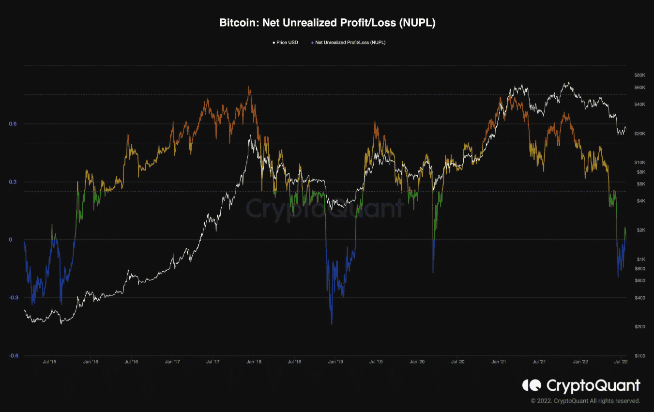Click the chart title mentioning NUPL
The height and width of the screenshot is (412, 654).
(327, 23)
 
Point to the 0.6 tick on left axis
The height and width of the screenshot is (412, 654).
(13, 124)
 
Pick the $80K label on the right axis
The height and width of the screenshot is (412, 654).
(639, 75)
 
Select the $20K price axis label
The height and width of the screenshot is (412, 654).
(639, 134)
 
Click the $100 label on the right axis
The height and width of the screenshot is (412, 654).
(639, 356)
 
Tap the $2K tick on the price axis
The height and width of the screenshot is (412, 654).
(640, 230)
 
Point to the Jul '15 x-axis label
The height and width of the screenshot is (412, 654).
(49, 362)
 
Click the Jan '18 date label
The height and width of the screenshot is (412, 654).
(254, 362)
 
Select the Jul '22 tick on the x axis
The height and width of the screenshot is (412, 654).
(621, 362)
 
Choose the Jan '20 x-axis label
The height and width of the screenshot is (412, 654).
(417, 362)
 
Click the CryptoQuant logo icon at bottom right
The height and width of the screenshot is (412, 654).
(531, 385)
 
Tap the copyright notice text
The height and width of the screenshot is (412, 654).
(585, 401)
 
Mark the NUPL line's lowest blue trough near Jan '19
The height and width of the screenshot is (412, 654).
(332, 324)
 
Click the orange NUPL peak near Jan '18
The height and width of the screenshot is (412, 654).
(249, 88)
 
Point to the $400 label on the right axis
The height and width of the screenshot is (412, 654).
(639, 298)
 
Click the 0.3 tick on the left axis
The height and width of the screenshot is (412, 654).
(13, 182)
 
